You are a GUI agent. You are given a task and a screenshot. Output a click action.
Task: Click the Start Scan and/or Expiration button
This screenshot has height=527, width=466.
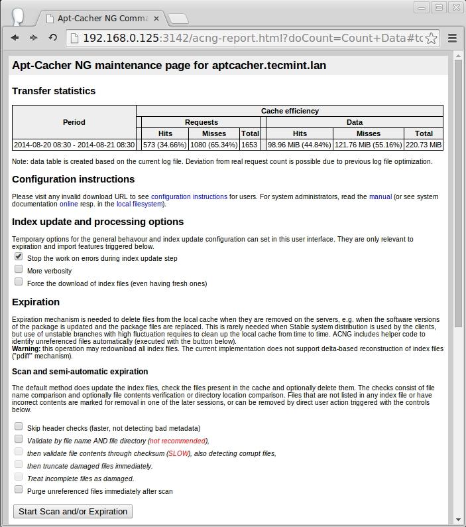[x=73, y=511]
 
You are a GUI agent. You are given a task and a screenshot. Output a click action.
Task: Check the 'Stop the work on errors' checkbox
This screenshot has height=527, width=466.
[x=19, y=256]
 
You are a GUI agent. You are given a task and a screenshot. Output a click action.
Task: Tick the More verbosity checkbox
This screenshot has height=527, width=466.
[x=19, y=269]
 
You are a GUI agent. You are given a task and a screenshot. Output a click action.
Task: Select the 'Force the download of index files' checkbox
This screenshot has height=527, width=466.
[x=19, y=281]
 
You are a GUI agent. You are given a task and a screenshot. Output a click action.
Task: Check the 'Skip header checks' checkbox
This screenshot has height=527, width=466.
[x=19, y=426]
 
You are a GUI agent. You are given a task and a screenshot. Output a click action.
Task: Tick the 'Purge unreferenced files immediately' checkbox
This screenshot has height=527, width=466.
[x=19, y=489]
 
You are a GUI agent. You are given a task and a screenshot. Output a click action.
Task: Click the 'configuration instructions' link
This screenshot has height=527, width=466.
[x=189, y=196]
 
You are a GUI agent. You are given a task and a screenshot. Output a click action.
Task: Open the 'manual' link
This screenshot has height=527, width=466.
[x=380, y=196]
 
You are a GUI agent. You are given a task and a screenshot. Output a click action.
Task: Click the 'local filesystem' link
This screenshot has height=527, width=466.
[x=140, y=204]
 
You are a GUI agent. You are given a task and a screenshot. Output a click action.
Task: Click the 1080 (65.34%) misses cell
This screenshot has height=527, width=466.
[x=214, y=145]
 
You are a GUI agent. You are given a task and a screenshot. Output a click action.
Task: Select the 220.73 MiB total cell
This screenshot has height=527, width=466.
[x=424, y=145]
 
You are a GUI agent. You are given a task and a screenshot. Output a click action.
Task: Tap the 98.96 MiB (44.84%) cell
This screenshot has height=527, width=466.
[x=300, y=145]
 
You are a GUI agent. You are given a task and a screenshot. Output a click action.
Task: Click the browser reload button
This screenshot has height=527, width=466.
[x=52, y=38]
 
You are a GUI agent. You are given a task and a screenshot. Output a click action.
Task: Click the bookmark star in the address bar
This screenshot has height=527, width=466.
[x=431, y=38]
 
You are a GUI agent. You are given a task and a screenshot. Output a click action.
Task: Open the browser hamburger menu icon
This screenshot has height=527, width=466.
[x=453, y=38]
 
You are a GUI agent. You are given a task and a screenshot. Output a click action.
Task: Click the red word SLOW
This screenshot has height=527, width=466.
[x=178, y=453]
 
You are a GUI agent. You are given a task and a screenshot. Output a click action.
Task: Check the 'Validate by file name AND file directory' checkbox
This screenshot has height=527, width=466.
[x=19, y=439]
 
